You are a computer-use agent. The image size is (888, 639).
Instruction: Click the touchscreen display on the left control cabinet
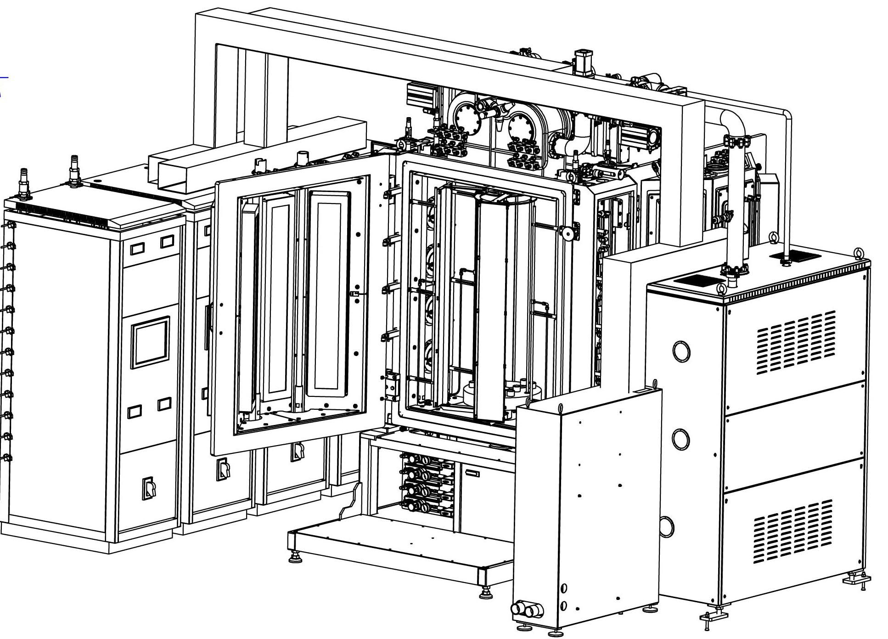pyautogui.click(x=150, y=342)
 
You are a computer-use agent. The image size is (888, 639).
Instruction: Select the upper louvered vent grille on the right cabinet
pyautogui.click(x=796, y=342)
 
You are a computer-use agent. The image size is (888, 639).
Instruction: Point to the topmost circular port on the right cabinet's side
pyautogui.click(x=681, y=351)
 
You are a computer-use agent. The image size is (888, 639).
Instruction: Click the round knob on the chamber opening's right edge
pyautogui.click(x=568, y=233)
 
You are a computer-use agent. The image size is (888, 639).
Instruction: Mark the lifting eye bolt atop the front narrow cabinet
pyautogui.click(x=561, y=408)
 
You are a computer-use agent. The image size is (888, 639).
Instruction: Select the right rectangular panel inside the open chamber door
pyautogui.click(x=329, y=294)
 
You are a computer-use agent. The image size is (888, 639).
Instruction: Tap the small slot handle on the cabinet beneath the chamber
pyautogui.click(x=472, y=473)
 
